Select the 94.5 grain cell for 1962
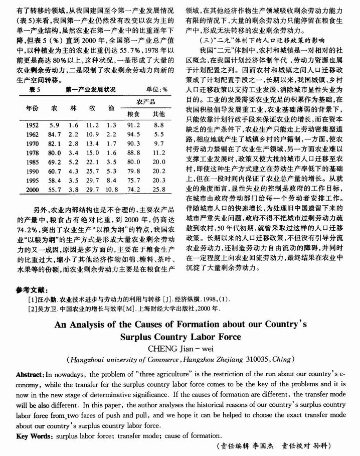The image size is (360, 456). pos(134,134)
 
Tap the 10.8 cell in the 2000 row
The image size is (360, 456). pos(111,190)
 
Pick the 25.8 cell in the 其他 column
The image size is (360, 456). pos(159,190)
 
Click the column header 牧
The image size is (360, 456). pos(92,108)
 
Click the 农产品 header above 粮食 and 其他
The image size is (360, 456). pos(146,102)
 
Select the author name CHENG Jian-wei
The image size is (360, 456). pos(179,349)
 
